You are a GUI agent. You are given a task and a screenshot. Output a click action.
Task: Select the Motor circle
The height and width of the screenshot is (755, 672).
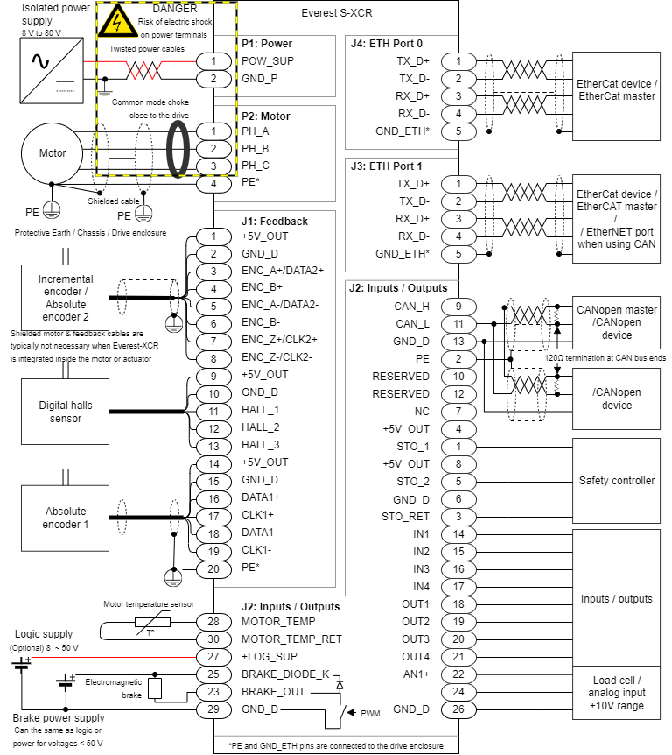pyautogui.click(x=52, y=153)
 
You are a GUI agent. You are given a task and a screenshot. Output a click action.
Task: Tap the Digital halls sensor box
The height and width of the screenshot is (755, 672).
pyautogui.click(x=66, y=412)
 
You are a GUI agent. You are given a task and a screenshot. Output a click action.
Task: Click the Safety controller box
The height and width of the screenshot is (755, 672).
pyautogui.click(x=616, y=481)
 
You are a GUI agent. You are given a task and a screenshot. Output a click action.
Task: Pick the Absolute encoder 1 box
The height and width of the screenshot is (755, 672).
pyautogui.click(x=66, y=518)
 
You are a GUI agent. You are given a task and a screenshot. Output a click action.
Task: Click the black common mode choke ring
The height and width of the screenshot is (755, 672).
pyautogui.click(x=180, y=147)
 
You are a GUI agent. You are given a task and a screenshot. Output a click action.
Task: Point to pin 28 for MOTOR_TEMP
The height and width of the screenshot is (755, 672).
pyautogui.click(x=213, y=621)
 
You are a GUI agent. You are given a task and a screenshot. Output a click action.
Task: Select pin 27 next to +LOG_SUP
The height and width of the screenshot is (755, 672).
pyautogui.click(x=213, y=656)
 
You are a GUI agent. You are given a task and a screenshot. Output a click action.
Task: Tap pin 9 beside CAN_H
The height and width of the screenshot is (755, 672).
pyautogui.click(x=458, y=307)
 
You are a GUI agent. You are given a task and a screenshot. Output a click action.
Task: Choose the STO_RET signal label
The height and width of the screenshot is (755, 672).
pyautogui.click(x=406, y=516)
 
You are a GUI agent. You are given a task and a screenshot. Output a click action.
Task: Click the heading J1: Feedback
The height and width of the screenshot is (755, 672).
pyautogui.click(x=275, y=222)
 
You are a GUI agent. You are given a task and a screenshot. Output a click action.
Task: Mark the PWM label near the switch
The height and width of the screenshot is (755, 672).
pyautogui.click(x=370, y=714)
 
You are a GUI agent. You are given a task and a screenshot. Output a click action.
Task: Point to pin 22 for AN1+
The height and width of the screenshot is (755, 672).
pyautogui.click(x=458, y=674)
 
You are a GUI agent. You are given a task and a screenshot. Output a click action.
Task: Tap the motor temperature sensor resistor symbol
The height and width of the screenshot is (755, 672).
pyautogui.click(x=146, y=623)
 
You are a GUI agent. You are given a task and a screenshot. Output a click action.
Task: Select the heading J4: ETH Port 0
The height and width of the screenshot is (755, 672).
pyautogui.click(x=386, y=43)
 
